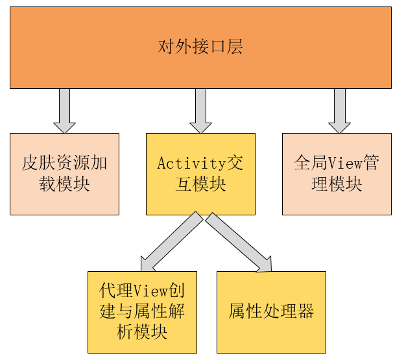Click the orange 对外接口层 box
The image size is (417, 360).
tap(200, 47)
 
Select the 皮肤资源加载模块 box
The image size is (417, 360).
tap(64, 174)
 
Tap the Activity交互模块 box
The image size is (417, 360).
tap(200, 174)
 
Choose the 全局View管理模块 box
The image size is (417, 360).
tap(337, 174)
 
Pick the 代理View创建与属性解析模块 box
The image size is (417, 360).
tap(142, 312)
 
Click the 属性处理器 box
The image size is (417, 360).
tap(271, 312)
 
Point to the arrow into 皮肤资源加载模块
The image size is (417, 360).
tap(64, 110)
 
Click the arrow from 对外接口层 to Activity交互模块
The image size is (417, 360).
tap(200, 110)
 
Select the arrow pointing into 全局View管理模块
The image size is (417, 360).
tap(339, 110)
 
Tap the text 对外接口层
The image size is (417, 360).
tap(200, 47)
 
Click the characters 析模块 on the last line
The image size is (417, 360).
tap(142, 333)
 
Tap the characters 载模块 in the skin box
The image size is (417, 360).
tap(64, 184)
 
